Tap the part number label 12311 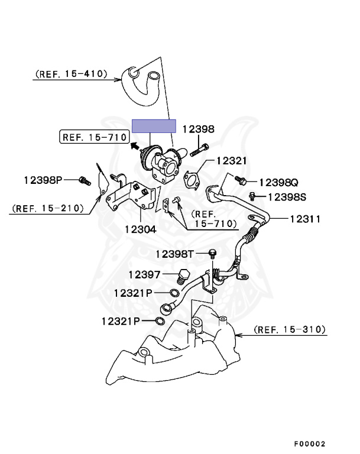pos(305,219)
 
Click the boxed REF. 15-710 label pos(94,137)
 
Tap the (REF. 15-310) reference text pos(290,329)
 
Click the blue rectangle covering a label pos(154,126)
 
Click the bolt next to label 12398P pos(83,179)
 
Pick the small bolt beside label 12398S pos(253,195)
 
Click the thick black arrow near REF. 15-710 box pos(135,145)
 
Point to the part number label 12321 pos(231,160)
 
